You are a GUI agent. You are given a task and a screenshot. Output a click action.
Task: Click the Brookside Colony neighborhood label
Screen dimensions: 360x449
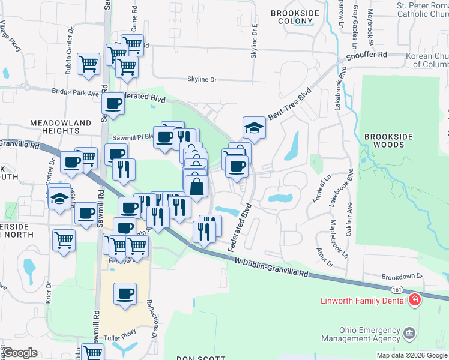tap(292, 16)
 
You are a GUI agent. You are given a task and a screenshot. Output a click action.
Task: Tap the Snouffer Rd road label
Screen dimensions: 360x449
tap(366, 55)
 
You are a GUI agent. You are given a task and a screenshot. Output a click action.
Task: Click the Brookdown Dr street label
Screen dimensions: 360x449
tap(402, 277)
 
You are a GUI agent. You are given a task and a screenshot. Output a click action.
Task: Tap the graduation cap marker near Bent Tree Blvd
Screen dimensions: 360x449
tap(253, 127)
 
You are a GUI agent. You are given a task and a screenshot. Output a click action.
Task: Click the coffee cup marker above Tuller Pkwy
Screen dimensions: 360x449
tap(125, 294)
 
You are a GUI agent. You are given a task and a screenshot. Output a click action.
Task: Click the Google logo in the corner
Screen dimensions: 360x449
tap(20, 353)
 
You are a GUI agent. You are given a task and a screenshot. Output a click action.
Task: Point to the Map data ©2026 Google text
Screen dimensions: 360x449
tap(411, 355)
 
